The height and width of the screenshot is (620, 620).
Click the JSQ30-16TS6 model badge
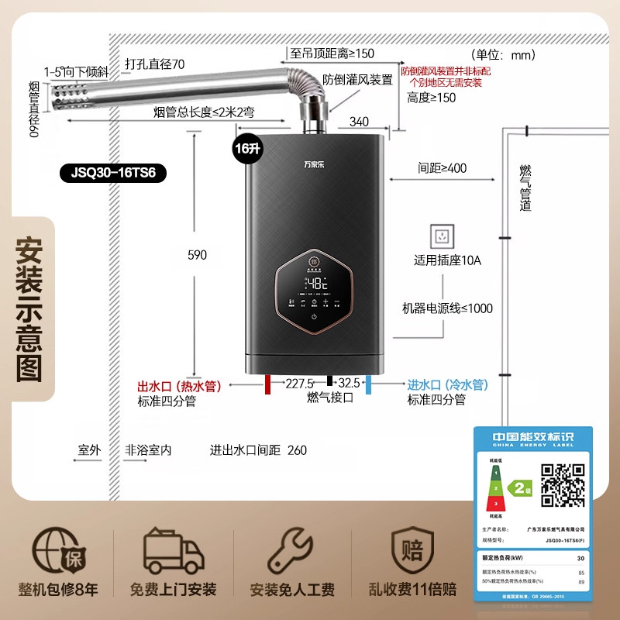[x=113, y=172]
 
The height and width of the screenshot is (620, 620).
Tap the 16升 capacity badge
[x=247, y=148]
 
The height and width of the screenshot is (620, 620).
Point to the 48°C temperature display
[x=315, y=284]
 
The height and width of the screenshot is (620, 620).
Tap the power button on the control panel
[x=315, y=316]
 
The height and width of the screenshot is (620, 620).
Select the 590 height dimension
[x=198, y=255]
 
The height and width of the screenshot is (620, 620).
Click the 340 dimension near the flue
[x=359, y=121]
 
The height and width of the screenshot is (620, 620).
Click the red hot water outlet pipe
[x=267, y=385]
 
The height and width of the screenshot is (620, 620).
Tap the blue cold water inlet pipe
[x=369, y=385]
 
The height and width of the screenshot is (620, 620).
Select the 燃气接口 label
[x=329, y=398]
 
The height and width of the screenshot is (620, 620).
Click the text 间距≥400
[x=441, y=168]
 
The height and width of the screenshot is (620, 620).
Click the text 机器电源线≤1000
[x=446, y=308]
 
